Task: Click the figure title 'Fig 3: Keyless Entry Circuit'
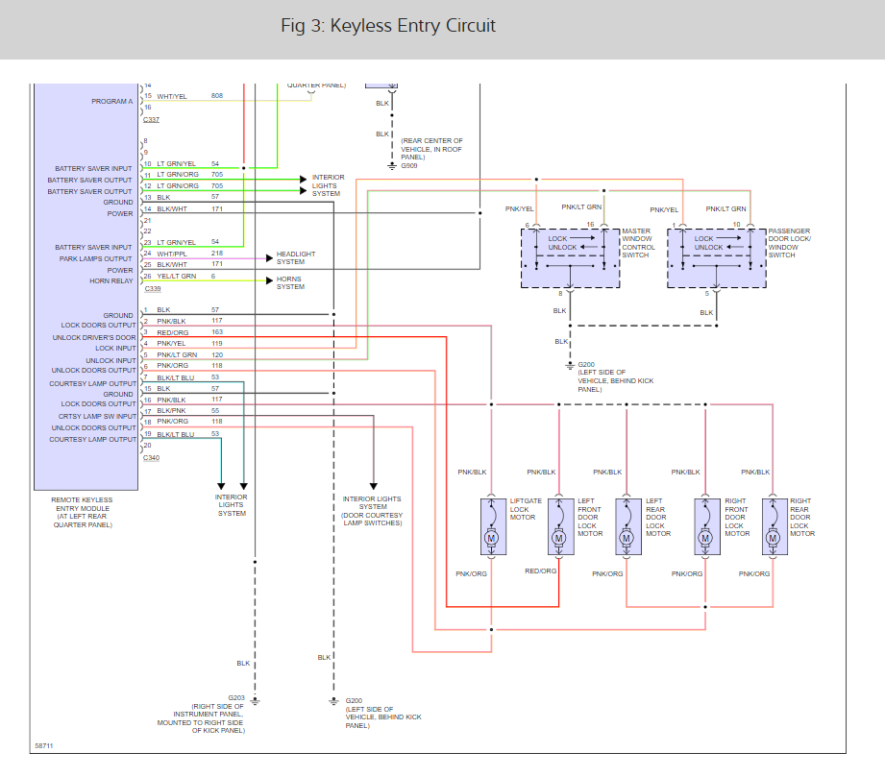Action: coord(388,26)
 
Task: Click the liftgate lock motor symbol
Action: coord(493,526)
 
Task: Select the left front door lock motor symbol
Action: coord(560,526)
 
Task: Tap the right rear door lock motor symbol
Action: coord(774,526)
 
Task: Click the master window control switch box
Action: coord(570,258)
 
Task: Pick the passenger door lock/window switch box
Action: coord(717,258)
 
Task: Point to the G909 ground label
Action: coord(409,166)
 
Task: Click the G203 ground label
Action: coord(236,698)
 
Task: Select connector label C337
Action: coord(151,120)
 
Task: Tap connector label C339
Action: coord(153,289)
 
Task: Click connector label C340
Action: coord(151,458)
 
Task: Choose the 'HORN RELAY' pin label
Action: coord(111,281)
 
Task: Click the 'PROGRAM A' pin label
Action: coord(112,102)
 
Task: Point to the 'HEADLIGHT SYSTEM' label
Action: coord(296,257)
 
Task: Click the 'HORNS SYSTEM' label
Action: coord(290,282)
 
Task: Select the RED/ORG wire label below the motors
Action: coord(541,571)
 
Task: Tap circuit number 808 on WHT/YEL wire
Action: coord(217,96)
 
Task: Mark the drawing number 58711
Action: coord(44,746)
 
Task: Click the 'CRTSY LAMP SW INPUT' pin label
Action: coord(97,417)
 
